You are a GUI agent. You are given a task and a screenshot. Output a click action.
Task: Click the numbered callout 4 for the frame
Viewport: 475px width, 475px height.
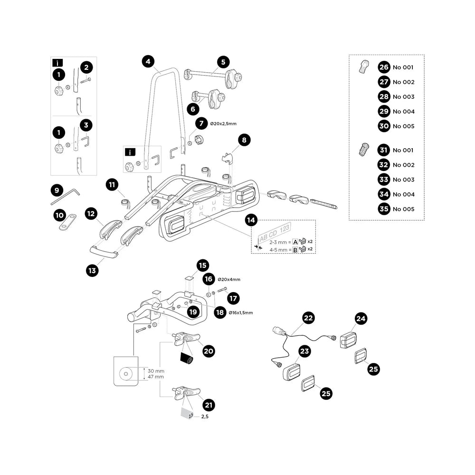(148, 61)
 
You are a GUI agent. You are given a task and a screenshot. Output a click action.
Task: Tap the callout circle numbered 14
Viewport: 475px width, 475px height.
(252, 220)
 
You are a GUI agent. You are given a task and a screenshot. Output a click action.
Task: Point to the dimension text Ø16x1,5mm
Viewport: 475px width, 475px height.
(240, 313)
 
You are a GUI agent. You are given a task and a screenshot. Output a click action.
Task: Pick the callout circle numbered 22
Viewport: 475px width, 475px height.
(309, 318)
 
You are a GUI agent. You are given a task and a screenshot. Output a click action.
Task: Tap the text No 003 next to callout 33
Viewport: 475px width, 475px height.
(403, 180)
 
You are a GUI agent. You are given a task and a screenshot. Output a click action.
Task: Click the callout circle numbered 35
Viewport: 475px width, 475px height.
(384, 209)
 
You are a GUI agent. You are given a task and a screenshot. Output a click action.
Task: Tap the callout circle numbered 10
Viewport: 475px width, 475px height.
(59, 215)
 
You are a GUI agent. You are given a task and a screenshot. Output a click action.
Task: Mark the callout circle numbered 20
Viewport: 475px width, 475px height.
(208, 351)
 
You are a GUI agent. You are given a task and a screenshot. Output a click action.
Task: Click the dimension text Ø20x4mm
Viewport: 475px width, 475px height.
(229, 280)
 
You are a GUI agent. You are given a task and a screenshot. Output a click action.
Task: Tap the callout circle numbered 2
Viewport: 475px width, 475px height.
(86, 67)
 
